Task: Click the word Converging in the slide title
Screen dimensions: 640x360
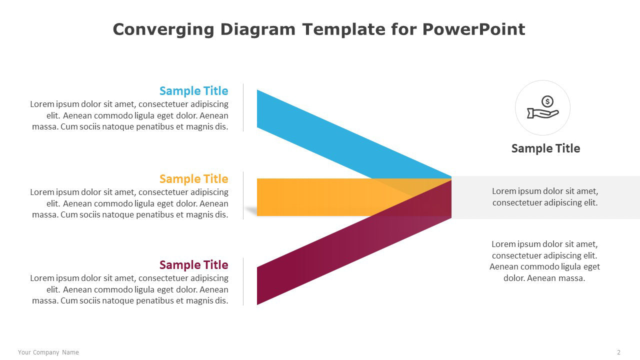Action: point(163,30)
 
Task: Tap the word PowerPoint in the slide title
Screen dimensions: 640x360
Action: point(473,29)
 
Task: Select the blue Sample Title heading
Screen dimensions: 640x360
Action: point(193,91)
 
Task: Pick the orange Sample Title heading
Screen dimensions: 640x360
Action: point(193,179)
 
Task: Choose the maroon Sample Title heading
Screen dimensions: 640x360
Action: point(193,265)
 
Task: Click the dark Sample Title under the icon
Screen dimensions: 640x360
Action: point(545,148)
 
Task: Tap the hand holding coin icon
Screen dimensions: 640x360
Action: point(543,107)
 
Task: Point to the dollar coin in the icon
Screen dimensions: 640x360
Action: point(547,101)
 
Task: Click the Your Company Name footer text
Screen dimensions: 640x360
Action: point(48,352)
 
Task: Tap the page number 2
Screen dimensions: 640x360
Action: point(619,352)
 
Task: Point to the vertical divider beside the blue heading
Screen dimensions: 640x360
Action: point(243,107)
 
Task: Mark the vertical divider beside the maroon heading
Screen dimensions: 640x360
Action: point(243,281)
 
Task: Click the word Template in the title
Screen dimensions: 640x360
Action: point(344,30)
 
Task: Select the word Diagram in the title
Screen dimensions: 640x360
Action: point(257,30)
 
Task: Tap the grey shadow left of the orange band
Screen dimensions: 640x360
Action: point(251,211)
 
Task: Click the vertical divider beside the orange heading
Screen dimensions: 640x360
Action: point(243,195)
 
